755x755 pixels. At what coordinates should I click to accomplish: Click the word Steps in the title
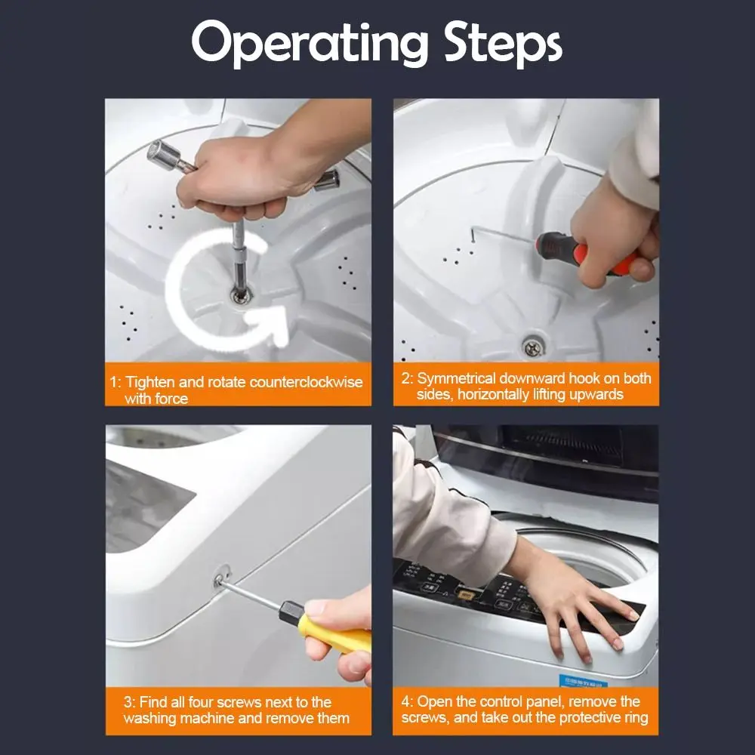click(x=502, y=43)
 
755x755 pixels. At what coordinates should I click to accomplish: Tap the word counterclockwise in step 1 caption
click(x=306, y=382)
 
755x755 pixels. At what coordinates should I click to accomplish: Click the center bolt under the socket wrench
click(x=241, y=296)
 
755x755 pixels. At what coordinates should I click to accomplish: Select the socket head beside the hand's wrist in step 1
click(x=327, y=180)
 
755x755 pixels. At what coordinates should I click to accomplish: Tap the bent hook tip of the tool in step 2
click(x=473, y=235)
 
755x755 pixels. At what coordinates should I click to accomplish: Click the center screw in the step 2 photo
click(x=532, y=347)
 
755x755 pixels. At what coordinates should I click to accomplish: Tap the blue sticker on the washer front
click(x=583, y=681)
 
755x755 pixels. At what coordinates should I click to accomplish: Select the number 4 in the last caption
click(x=405, y=701)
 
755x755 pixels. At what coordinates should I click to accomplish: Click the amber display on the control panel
click(x=465, y=595)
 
